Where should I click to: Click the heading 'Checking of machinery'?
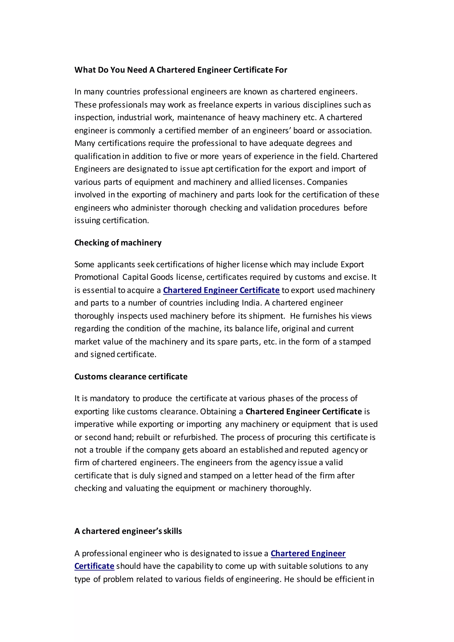point(118,243)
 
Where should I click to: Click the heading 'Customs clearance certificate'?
point(131,377)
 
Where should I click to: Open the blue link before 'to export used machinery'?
point(221,290)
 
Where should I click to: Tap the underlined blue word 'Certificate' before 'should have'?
point(94,566)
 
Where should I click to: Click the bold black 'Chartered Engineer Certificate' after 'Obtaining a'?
point(304,412)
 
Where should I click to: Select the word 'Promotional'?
point(96,277)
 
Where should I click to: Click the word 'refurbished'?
point(195,437)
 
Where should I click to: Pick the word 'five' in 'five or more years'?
point(181,156)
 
